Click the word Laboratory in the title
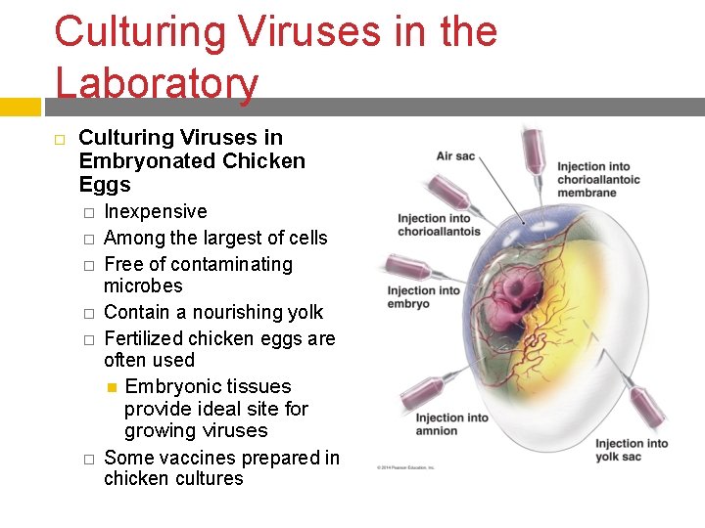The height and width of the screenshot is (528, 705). coord(157,82)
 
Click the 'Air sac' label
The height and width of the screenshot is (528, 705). coord(457,155)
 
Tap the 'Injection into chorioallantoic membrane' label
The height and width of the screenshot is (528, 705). coord(598,179)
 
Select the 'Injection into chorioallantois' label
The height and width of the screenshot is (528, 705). coord(439,225)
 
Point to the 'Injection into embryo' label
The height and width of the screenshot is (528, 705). coord(423,297)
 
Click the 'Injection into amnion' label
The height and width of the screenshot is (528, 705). coord(437,424)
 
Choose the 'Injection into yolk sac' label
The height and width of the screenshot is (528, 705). coord(632,450)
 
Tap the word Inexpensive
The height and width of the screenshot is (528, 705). coord(156,212)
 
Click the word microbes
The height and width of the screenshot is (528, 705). coord(143,286)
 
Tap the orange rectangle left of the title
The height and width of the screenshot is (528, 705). coord(20,105)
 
